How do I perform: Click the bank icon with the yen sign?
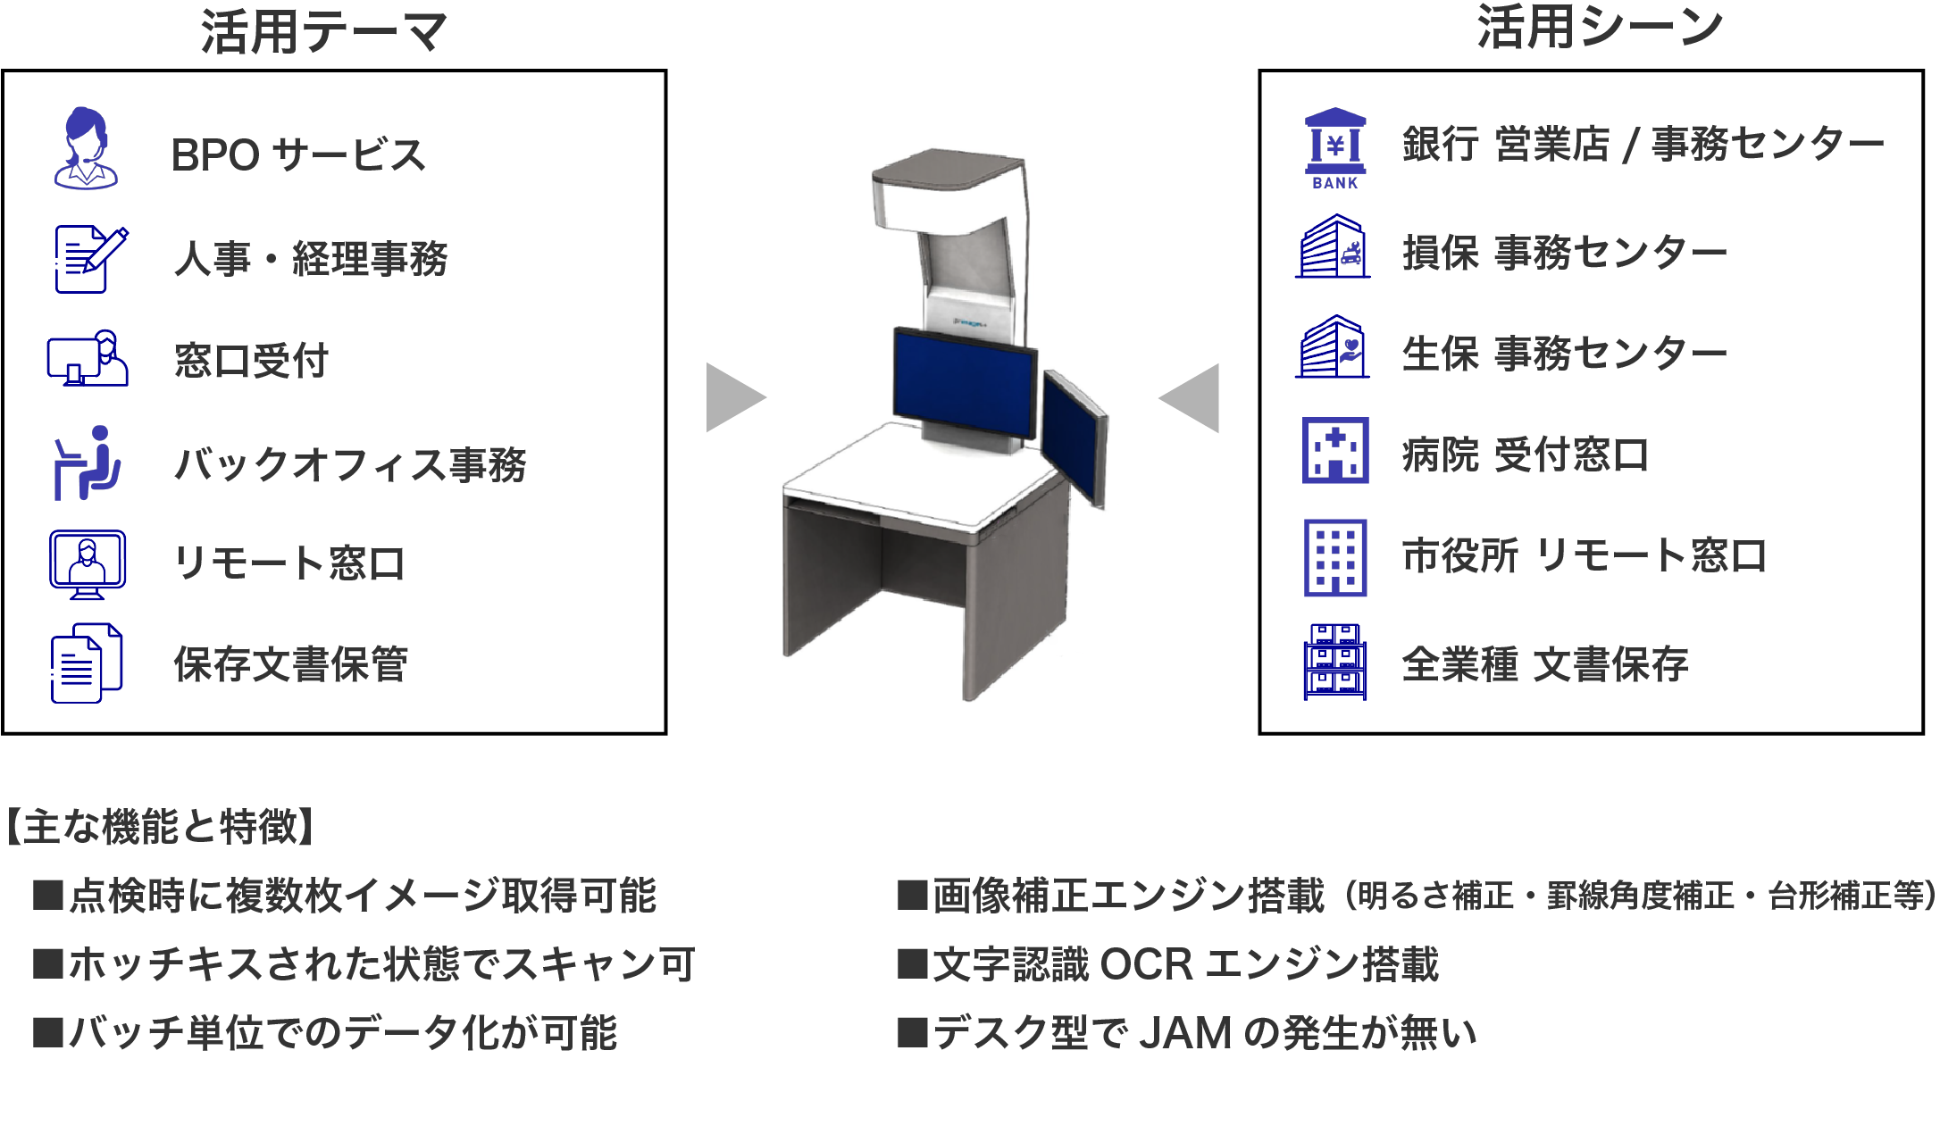(x=1335, y=147)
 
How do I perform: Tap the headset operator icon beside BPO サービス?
(x=85, y=148)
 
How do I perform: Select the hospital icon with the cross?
(x=1335, y=451)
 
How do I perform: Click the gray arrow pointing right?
(x=734, y=397)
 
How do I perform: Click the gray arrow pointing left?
(x=1191, y=398)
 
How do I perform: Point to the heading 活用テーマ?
(x=323, y=32)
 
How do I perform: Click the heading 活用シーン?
(x=1599, y=27)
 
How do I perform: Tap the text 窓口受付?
(x=251, y=361)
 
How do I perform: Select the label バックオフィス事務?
(x=350, y=464)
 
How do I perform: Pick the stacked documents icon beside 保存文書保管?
(x=86, y=663)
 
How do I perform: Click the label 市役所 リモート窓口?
(x=1584, y=555)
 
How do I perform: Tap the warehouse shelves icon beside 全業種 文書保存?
(x=1334, y=662)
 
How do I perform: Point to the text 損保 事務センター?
(x=1564, y=253)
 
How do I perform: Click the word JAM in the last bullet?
(x=1185, y=1033)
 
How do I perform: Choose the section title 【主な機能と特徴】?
(x=161, y=826)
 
